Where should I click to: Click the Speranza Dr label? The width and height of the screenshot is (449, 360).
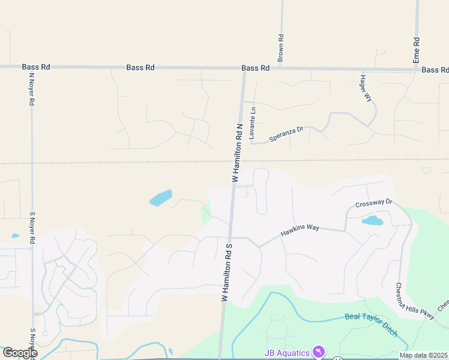point(287,134)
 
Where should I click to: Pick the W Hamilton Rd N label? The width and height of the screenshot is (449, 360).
point(237,154)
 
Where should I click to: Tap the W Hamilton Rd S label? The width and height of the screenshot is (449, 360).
point(227,271)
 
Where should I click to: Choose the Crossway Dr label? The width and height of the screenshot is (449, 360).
point(373,203)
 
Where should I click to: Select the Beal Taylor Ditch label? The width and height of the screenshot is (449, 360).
point(371,325)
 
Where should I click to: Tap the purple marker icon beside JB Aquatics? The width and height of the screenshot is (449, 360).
point(319,352)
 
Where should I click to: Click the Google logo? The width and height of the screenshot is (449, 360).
point(20,353)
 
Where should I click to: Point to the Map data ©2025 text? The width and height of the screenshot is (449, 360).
point(424,355)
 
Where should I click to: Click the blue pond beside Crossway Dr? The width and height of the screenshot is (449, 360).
point(372,221)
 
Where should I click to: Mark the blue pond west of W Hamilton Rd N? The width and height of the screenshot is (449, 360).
point(161,197)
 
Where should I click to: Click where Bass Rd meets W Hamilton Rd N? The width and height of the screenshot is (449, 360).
point(243,68)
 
